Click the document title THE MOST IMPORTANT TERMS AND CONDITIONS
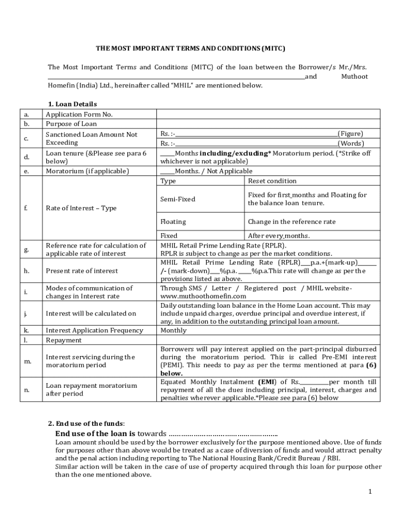point(190,49)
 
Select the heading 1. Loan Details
point(73,104)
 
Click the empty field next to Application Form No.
point(268,115)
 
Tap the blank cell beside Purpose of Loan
point(268,124)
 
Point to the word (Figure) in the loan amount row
point(350,134)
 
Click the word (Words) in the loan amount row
point(351,143)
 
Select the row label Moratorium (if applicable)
point(87,171)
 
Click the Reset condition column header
point(272,181)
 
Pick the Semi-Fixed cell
point(178,199)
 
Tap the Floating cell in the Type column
point(173,222)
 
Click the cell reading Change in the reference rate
point(292,222)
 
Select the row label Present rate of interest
point(82,271)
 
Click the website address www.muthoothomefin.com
point(203,296)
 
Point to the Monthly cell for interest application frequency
point(173,331)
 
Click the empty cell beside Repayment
point(268,340)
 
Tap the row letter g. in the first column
point(26,250)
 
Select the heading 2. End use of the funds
point(86,424)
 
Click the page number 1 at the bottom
point(370,492)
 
